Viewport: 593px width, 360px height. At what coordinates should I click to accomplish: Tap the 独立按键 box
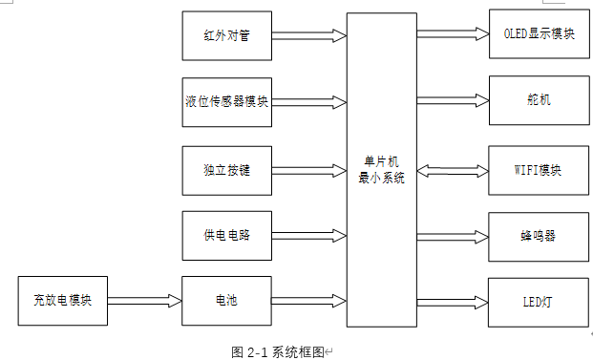(x=226, y=170)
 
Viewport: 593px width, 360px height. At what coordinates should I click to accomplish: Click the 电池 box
(x=226, y=301)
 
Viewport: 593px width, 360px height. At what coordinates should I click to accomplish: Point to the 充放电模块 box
(x=61, y=301)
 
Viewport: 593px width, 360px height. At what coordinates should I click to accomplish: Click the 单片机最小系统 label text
(x=381, y=169)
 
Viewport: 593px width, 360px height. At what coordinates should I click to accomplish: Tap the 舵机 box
(x=539, y=99)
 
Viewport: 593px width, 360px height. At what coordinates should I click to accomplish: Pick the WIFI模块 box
(x=539, y=171)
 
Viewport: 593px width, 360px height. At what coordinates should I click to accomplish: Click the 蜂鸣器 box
(x=539, y=235)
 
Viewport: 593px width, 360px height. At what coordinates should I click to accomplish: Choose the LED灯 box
(x=539, y=302)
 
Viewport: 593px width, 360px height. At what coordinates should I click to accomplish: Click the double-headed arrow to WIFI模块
(x=453, y=172)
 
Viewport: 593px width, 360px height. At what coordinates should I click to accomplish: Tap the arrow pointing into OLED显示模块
(x=453, y=34)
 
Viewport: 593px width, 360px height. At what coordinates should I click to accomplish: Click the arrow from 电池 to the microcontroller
(x=308, y=301)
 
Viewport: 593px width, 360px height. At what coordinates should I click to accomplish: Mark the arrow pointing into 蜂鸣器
(x=453, y=235)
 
